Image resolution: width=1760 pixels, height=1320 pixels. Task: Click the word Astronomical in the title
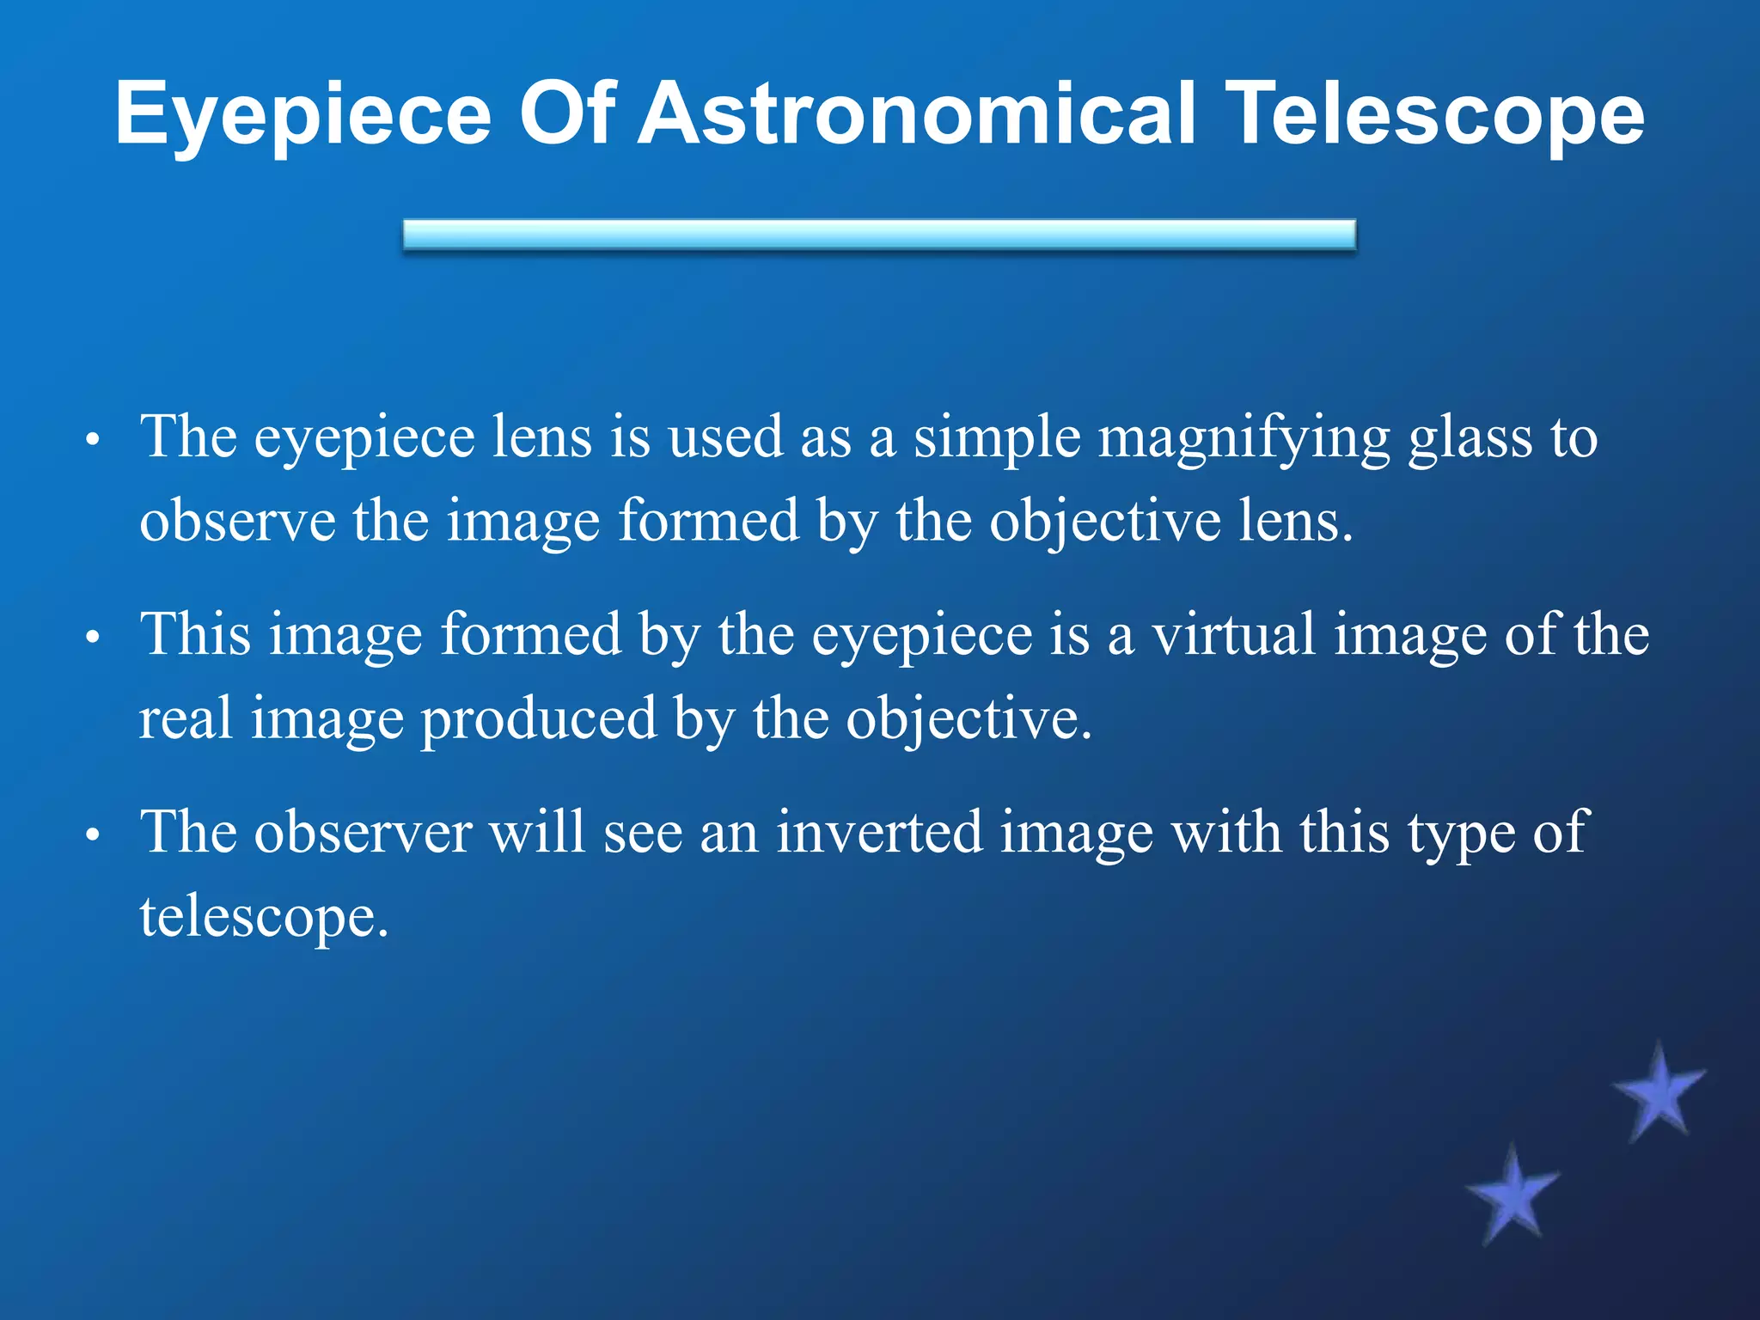[x=918, y=113]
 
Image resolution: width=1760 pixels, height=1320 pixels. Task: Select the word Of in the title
[x=567, y=113]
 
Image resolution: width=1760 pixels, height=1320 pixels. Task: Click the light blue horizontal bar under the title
[x=879, y=235]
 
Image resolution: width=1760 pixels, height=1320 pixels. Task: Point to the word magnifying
[x=1244, y=438]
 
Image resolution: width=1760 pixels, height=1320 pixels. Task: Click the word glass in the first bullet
[x=1470, y=438]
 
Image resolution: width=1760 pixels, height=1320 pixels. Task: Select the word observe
[x=237, y=521]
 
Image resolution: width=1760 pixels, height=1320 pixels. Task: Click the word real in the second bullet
[x=186, y=718]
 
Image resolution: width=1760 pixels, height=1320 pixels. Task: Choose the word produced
[x=538, y=718]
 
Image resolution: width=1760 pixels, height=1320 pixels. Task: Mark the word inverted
[x=879, y=832]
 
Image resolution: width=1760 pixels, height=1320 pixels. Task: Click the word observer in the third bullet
[x=363, y=832]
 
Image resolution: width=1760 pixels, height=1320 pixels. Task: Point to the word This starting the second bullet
[x=196, y=634]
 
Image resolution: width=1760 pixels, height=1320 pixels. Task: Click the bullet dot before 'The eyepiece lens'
[x=94, y=442]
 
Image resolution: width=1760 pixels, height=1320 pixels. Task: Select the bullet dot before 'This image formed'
[x=94, y=639]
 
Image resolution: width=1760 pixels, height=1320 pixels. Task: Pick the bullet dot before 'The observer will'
[x=94, y=836]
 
